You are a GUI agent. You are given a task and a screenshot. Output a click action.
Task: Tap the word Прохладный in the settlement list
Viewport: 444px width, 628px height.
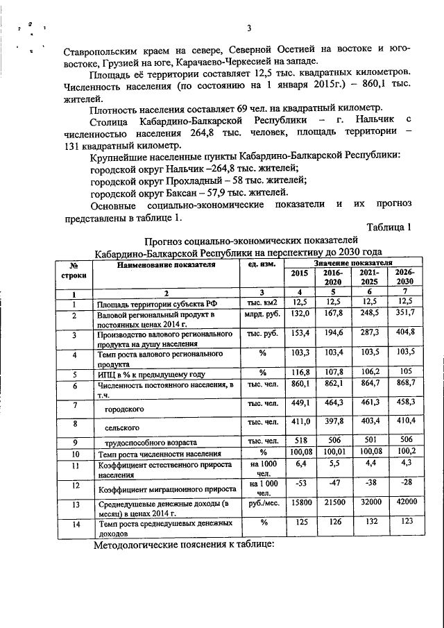coord(195,179)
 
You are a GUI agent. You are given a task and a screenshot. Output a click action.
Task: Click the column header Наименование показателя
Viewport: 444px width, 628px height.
coord(162,265)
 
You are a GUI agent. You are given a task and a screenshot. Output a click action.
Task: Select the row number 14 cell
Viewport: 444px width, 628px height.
coord(73,525)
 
